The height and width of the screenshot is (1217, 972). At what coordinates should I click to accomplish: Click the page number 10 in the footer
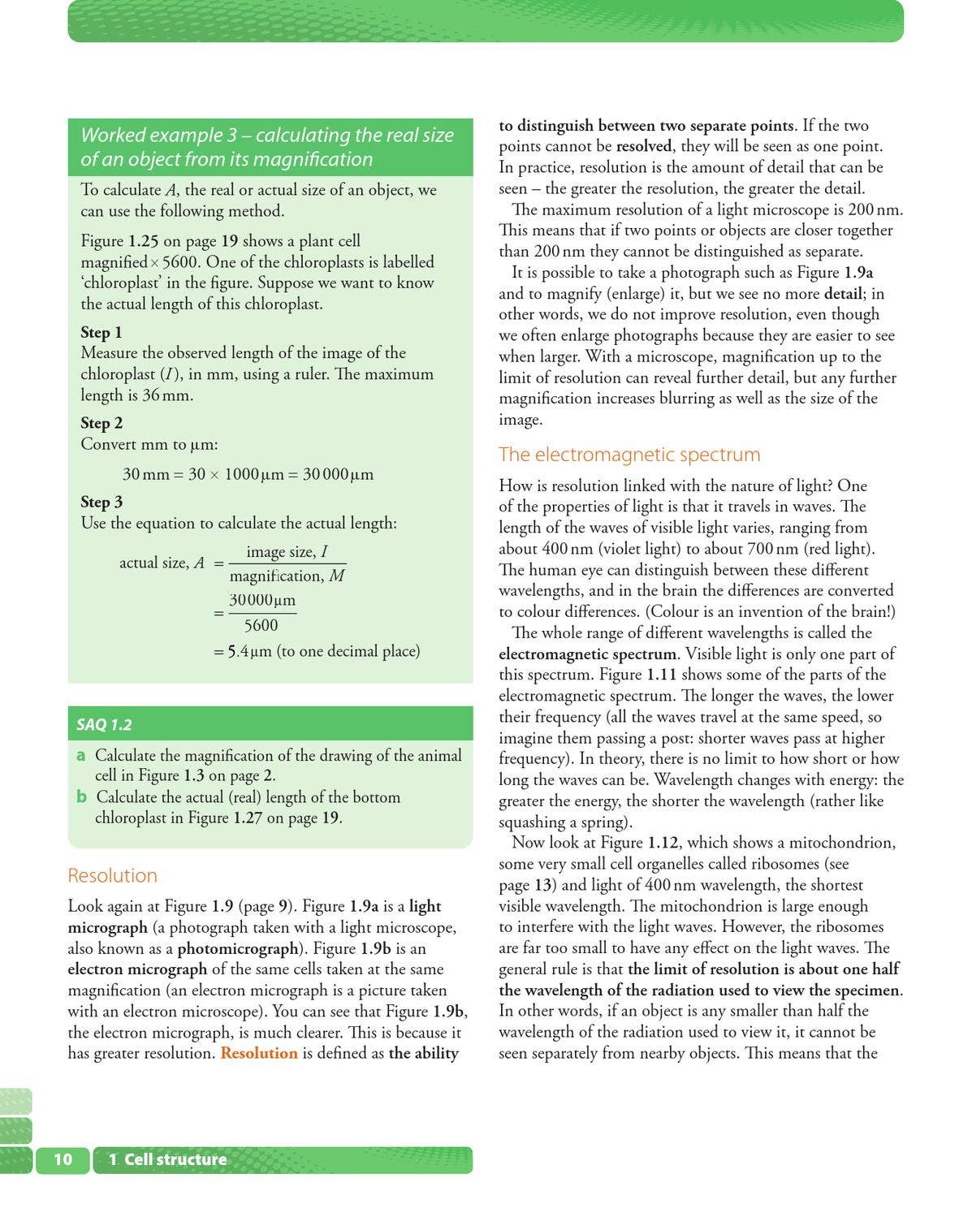pos(63,1159)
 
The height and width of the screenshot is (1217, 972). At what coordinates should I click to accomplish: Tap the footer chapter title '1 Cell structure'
pos(167,1159)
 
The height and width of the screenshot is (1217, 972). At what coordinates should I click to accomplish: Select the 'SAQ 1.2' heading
pos(104,724)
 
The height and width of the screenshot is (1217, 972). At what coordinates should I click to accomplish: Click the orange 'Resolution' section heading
pos(112,875)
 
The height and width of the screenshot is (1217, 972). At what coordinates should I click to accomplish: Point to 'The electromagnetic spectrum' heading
pos(629,454)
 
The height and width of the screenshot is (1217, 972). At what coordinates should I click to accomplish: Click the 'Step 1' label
pos(102,332)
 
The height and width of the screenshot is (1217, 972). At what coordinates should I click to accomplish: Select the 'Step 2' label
pos(102,423)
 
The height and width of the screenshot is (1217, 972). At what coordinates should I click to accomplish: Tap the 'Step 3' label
pos(102,502)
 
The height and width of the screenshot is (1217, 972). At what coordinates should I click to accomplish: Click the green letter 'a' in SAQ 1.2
pos(81,755)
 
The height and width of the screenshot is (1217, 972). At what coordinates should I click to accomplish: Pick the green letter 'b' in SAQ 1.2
pos(81,796)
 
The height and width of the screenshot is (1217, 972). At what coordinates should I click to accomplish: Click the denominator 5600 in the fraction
pos(261,625)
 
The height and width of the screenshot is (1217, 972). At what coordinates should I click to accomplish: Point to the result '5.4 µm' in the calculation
pos(249,651)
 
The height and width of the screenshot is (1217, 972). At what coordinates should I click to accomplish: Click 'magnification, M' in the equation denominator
pos(287,576)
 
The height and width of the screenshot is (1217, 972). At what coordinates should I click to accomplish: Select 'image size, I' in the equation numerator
pos(287,552)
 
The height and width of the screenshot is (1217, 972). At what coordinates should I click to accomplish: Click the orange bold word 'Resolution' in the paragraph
pos(259,1053)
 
